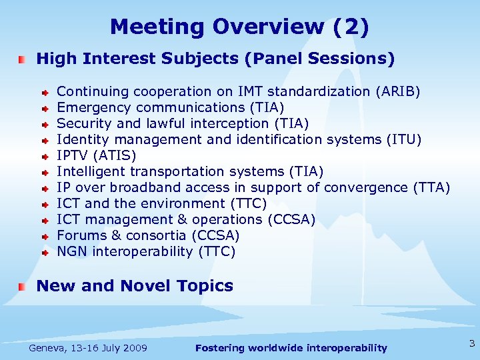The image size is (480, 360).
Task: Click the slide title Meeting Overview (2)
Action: point(239,27)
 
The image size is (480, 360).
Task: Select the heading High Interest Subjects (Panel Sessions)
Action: point(215,59)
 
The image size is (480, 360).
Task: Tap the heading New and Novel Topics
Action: point(135,286)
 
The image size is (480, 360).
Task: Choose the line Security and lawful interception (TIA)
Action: point(183,123)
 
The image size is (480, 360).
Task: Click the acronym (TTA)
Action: point(431,187)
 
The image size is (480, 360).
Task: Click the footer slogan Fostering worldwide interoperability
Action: point(291,348)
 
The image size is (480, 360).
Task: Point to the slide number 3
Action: point(471,344)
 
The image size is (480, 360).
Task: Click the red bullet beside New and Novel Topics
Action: point(23,287)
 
